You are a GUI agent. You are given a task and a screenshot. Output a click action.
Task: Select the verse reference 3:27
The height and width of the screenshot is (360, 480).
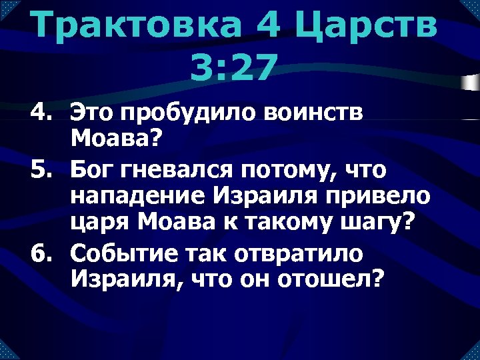pos(232,67)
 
